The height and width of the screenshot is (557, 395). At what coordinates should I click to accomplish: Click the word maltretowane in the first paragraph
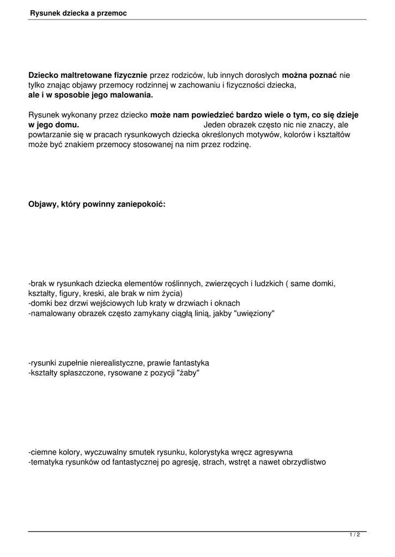[83, 75]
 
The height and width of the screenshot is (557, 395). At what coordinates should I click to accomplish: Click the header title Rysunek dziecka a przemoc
[78, 13]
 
